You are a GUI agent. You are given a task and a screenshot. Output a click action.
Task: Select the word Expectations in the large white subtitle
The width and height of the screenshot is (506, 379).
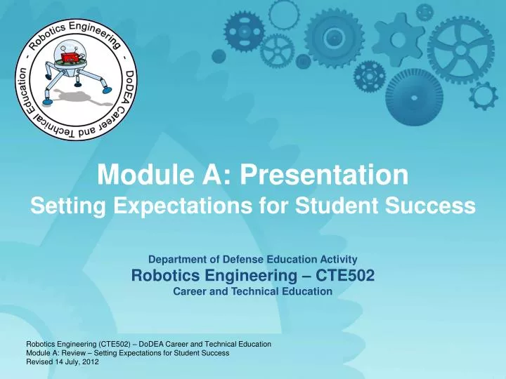pyautogui.click(x=167, y=206)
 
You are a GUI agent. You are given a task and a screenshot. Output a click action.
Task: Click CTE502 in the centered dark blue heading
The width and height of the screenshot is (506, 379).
pyautogui.click(x=342, y=276)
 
